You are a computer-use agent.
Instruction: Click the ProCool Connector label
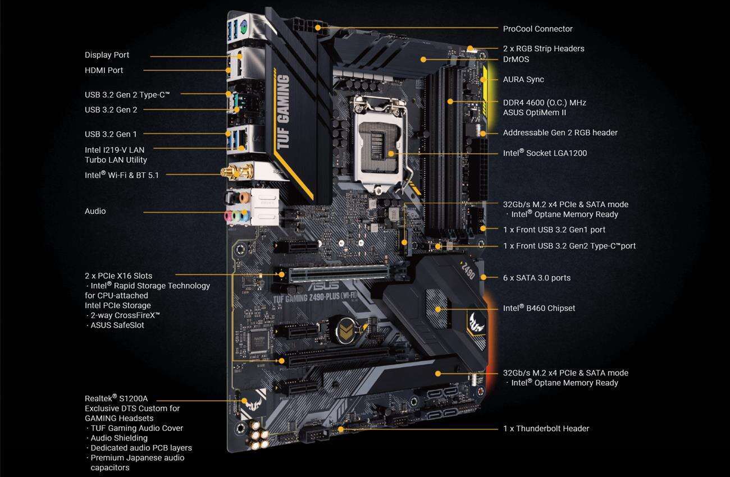click(537, 29)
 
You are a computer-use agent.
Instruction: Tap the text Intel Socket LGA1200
click(545, 153)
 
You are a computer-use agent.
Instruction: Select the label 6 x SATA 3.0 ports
click(536, 278)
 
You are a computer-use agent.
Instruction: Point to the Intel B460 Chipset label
click(539, 308)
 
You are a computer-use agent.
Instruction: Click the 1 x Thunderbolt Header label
click(546, 429)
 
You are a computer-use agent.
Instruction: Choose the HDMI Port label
click(104, 70)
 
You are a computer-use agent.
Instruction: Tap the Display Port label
click(107, 55)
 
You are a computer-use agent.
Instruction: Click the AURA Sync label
click(523, 79)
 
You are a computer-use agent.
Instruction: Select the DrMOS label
click(515, 59)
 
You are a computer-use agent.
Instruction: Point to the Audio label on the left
click(95, 211)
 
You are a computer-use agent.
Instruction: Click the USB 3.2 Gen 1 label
click(111, 134)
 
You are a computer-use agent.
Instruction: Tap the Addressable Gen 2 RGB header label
click(560, 133)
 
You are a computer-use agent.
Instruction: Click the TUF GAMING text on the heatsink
click(284, 112)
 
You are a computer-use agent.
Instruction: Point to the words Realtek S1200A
click(116, 398)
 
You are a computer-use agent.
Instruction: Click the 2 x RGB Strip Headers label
click(543, 49)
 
